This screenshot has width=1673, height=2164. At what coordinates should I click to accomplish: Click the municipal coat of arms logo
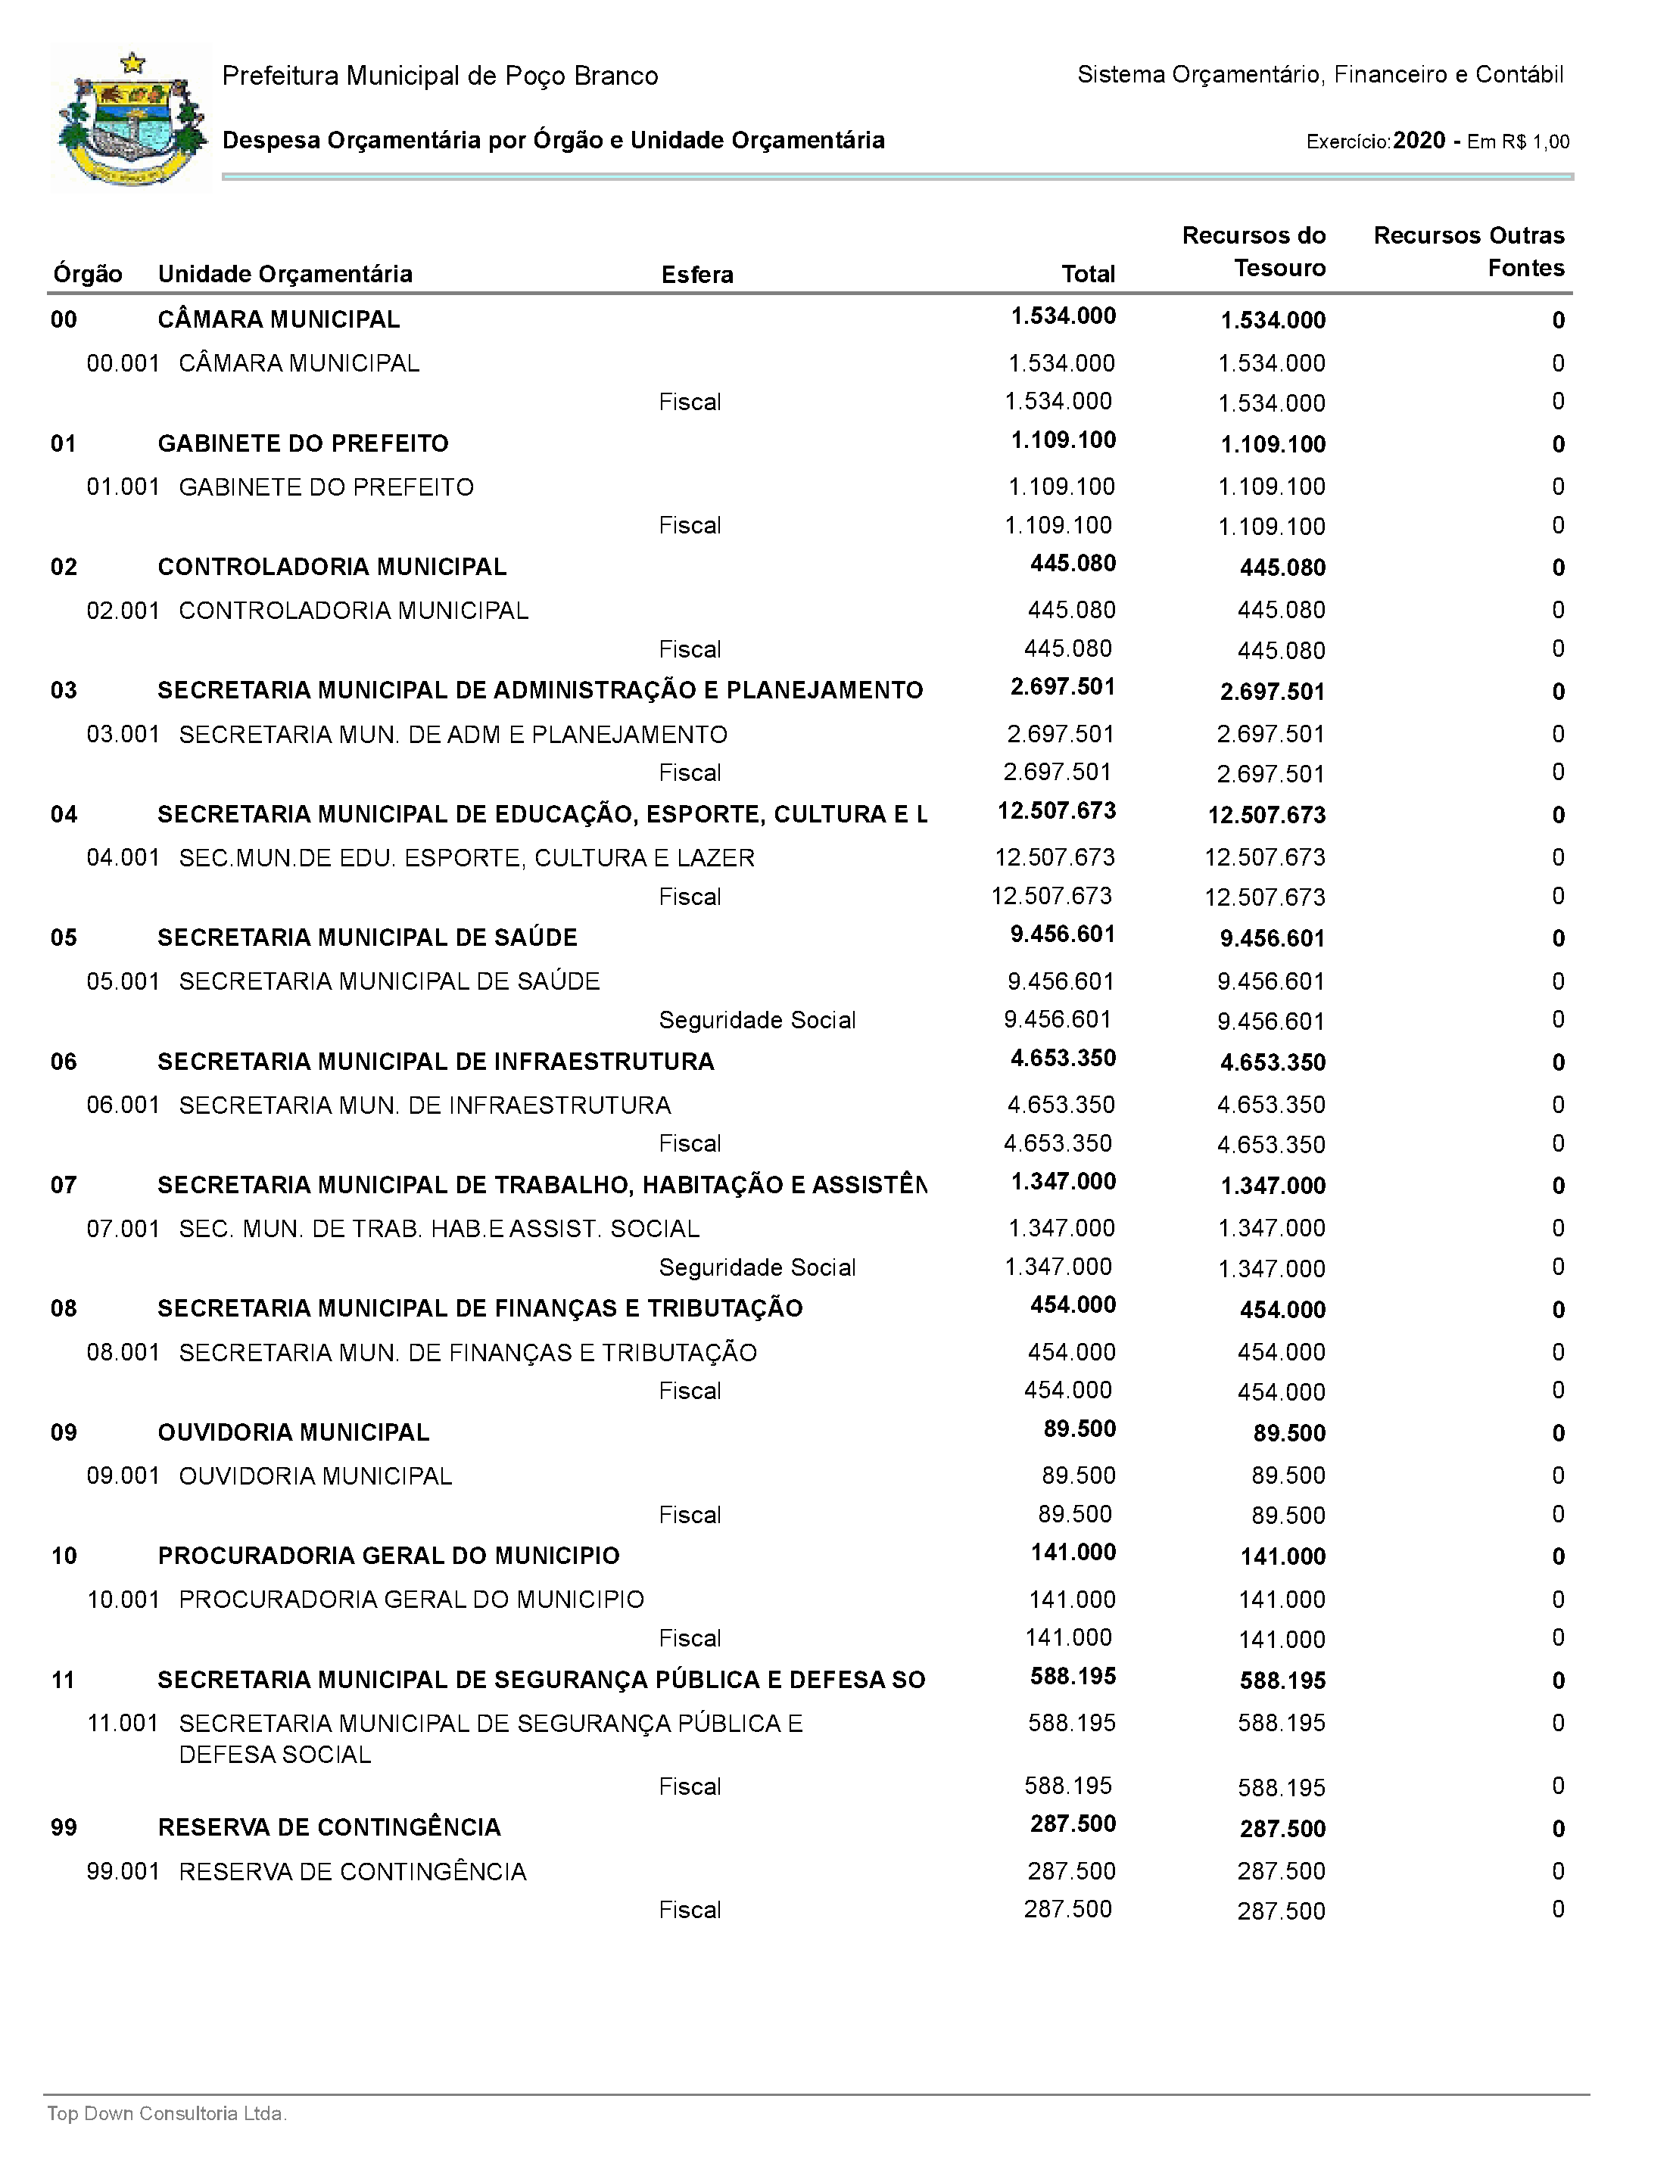[132, 119]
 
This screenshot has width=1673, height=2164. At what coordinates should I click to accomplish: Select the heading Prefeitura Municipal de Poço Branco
[439, 76]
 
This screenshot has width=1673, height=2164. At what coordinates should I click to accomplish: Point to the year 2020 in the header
[1419, 141]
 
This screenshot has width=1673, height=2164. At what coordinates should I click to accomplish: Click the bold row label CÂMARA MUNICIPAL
[279, 319]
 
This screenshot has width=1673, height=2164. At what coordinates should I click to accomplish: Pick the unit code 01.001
[123, 487]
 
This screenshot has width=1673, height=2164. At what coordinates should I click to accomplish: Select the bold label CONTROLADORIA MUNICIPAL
[332, 567]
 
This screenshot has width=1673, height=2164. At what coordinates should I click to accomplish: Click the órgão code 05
[64, 937]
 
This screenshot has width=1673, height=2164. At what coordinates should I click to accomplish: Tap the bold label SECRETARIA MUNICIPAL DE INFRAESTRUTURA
[435, 1061]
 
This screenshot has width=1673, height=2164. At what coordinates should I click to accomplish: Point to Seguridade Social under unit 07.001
[756, 1267]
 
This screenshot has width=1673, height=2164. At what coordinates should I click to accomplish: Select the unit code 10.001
[123, 1600]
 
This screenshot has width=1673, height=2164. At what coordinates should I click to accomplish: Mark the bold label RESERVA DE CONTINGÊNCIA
[329, 1827]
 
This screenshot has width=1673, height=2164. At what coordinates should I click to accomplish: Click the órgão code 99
[64, 1827]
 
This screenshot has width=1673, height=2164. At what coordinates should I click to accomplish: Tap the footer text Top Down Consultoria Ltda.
[167, 2113]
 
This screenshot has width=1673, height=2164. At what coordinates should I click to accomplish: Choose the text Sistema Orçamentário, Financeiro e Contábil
[1319, 74]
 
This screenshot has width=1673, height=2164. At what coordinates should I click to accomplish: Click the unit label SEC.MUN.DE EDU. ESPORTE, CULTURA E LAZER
[466, 857]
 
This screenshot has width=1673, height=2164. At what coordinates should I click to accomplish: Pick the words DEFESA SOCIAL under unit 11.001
[275, 1755]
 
